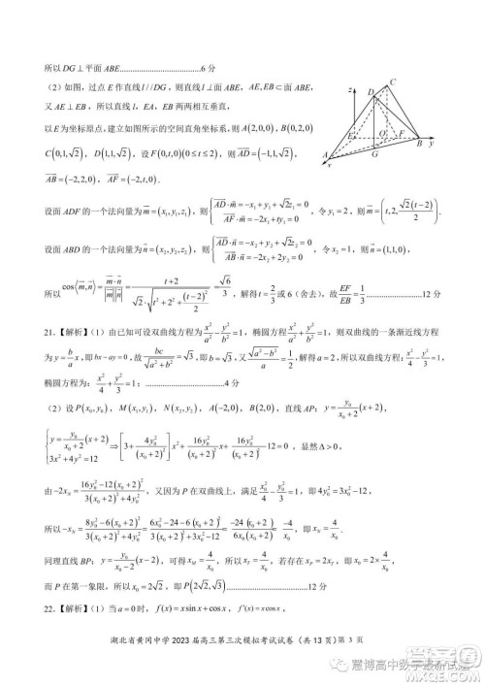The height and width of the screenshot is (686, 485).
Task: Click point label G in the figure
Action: point(374,152)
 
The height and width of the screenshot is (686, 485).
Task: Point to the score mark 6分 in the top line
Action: point(205,70)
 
